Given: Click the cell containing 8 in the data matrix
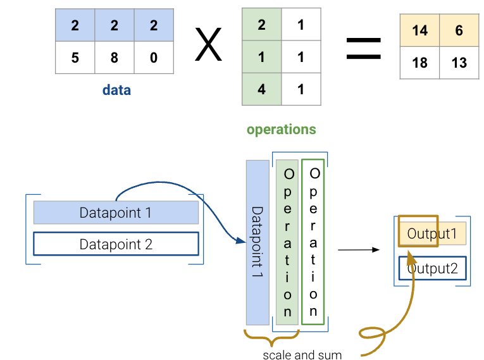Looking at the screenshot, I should click(x=115, y=58).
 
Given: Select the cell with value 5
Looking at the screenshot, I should click(x=75, y=58).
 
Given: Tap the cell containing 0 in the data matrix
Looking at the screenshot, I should click(x=154, y=58).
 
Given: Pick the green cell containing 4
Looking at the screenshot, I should click(x=261, y=89).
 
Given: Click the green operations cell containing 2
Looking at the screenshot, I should click(x=261, y=25).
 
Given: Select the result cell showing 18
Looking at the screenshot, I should click(x=419, y=63).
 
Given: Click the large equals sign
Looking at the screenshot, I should click(x=364, y=48).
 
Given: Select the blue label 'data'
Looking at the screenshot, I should click(x=116, y=90).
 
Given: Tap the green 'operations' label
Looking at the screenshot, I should click(x=281, y=130).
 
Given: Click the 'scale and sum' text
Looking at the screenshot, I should click(x=302, y=355).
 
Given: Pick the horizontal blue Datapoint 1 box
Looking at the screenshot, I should click(x=116, y=213).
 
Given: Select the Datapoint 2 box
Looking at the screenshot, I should click(x=116, y=244).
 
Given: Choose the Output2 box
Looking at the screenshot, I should click(x=433, y=268).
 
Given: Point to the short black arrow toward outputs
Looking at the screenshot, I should click(x=358, y=250).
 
